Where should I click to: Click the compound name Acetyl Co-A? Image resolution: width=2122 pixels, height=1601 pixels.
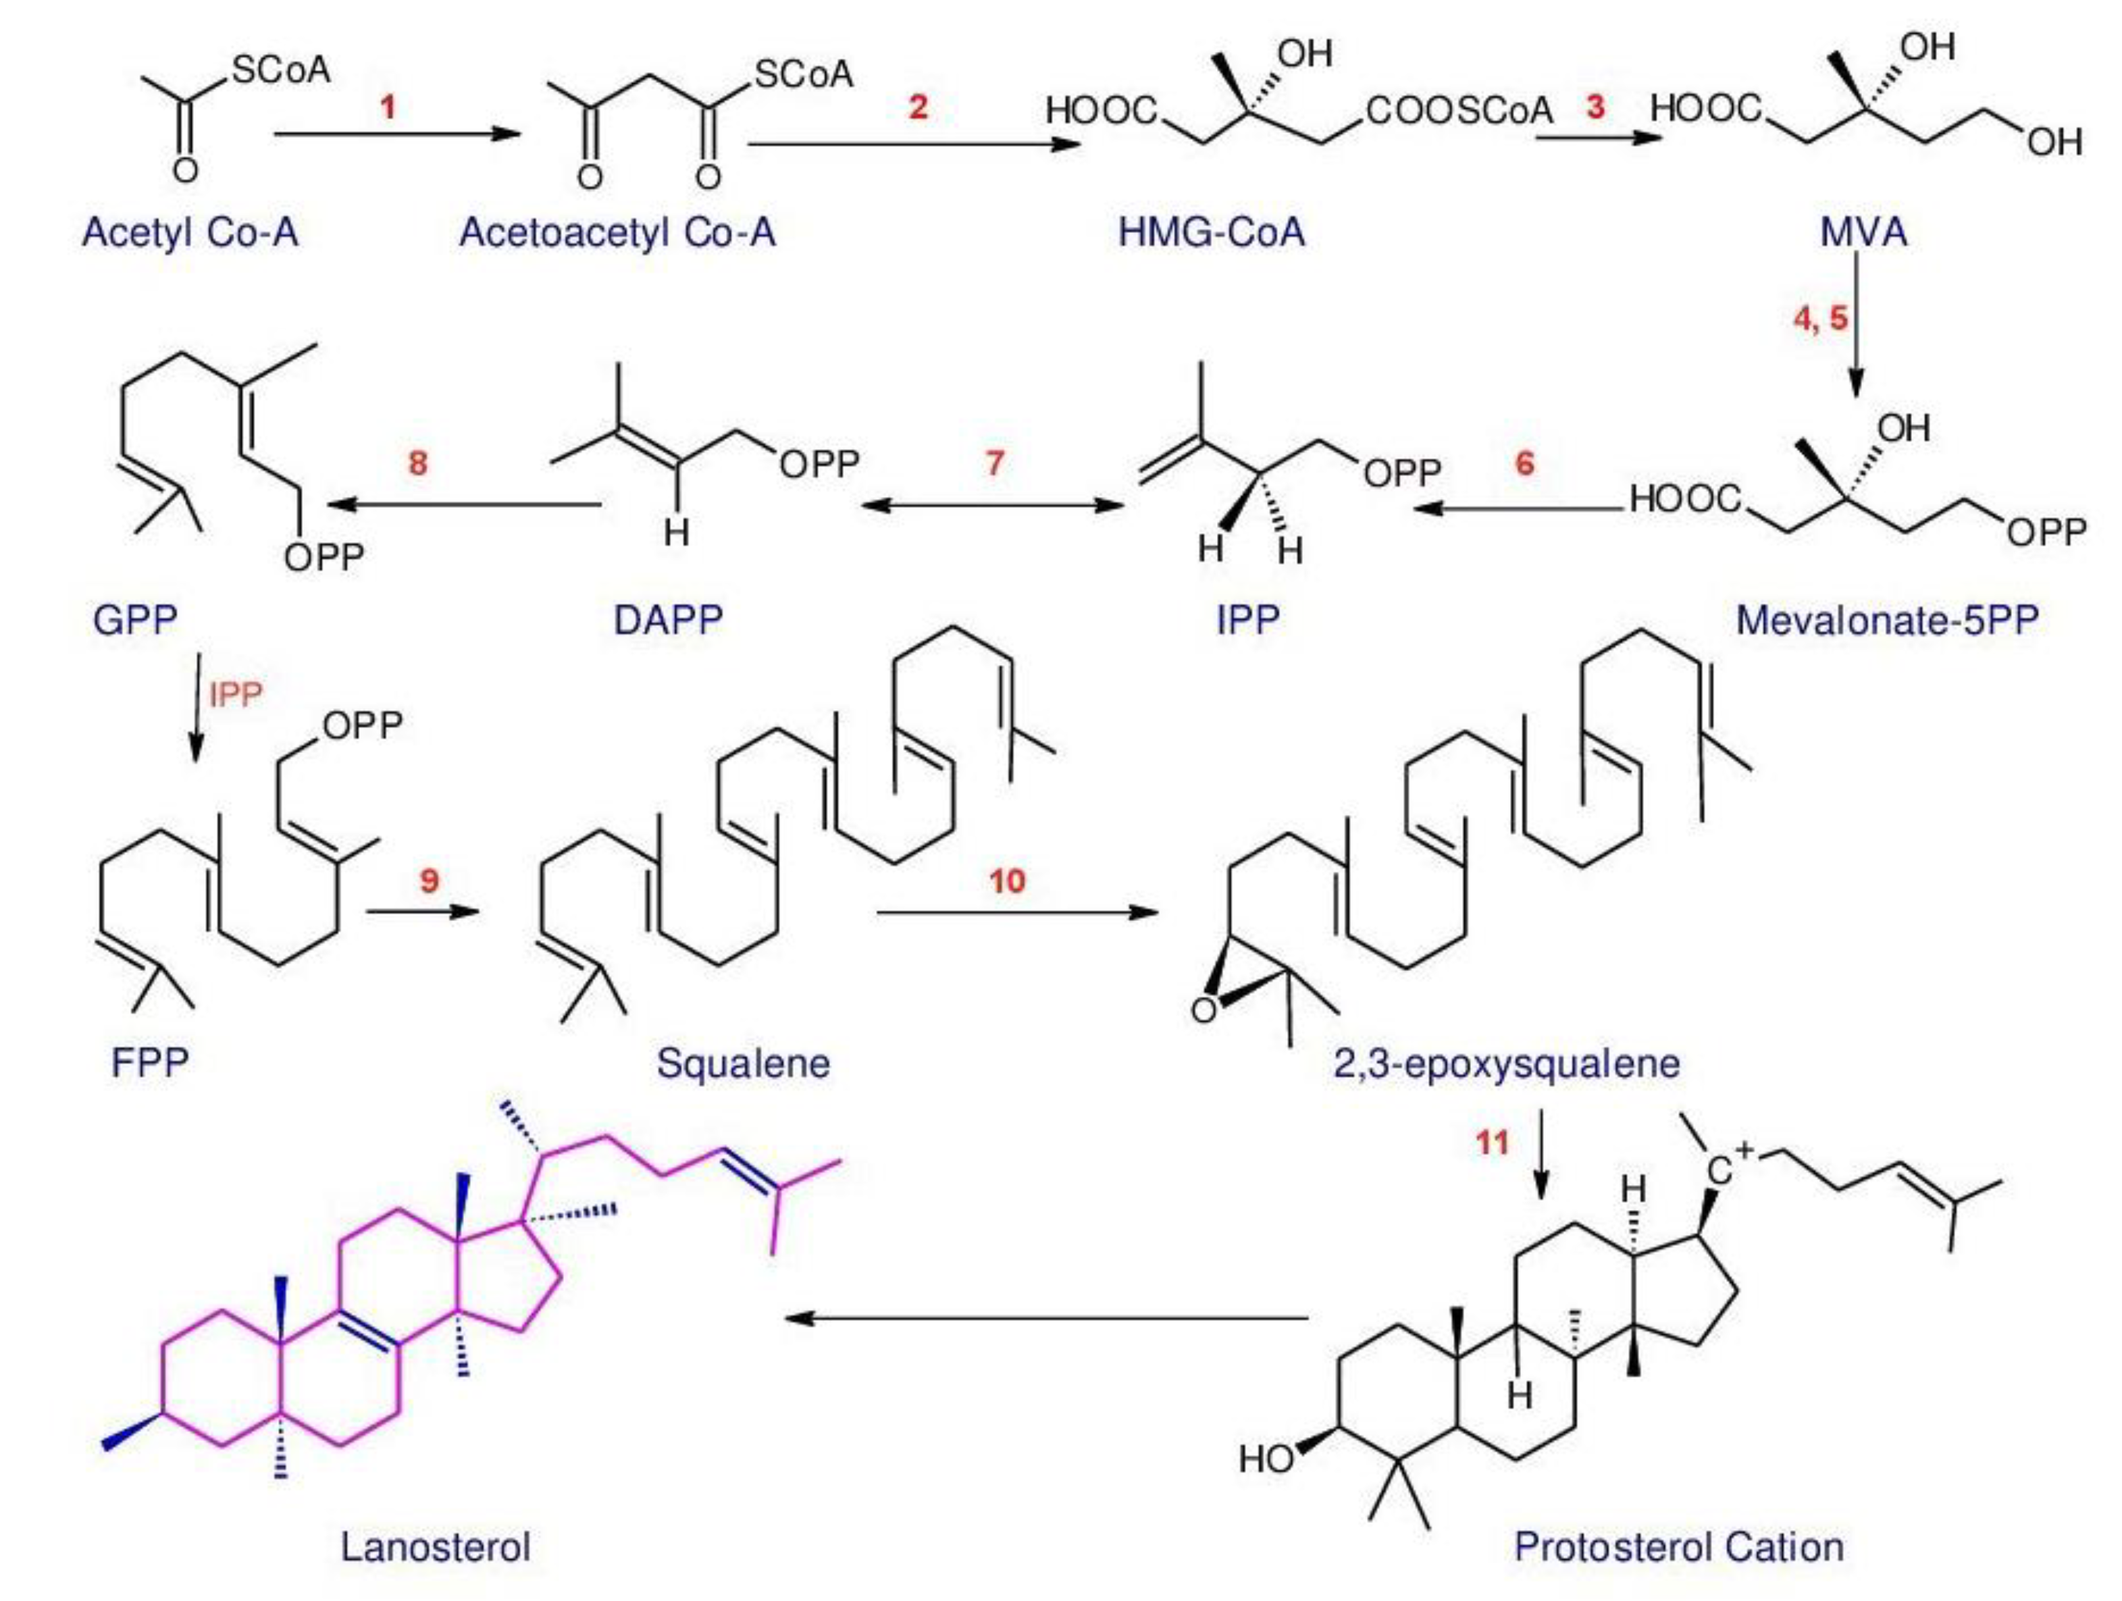190,233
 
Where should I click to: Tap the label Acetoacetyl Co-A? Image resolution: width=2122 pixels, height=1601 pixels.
617,233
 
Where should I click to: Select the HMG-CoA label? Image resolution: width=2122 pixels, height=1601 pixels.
1212,233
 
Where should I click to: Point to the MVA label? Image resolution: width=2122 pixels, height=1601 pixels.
1864,233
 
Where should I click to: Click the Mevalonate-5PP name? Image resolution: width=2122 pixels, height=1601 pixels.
1887,621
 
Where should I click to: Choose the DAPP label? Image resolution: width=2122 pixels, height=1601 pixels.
668,621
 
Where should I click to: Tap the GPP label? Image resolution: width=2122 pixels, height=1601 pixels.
135,621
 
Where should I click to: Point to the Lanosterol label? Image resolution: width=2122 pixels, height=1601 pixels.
436,1547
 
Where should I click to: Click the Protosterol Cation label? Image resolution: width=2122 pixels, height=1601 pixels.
1679,1547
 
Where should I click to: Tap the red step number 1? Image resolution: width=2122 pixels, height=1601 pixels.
388,107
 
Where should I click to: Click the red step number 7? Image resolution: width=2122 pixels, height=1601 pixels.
995,463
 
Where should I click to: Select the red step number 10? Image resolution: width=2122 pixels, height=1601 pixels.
1007,881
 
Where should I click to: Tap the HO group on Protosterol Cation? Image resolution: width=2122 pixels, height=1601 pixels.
1266,1459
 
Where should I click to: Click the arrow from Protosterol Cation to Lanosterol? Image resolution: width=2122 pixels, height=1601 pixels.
1045,1318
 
